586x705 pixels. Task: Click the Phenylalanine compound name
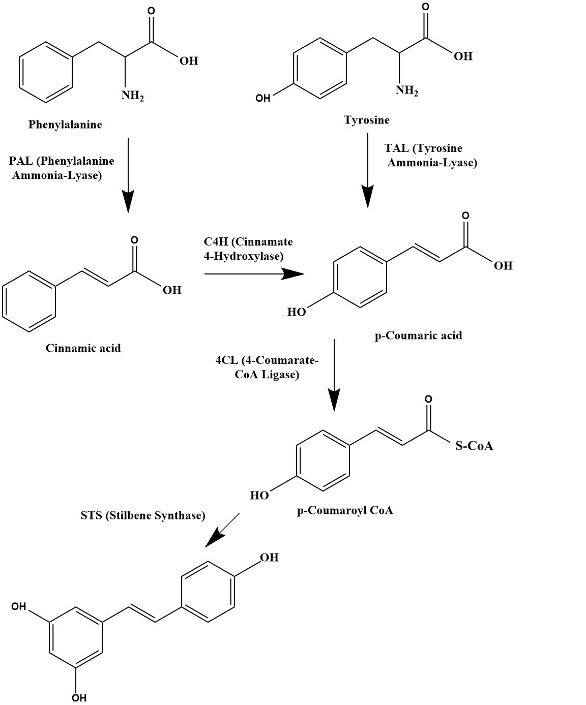coord(65,125)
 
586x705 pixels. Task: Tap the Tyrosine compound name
coord(367,120)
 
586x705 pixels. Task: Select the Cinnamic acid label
coord(83,348)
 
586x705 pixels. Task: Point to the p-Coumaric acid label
coord(419,335)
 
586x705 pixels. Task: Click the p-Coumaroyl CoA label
coord(345,510)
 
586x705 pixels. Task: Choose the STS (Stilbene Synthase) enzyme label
coord(143,515)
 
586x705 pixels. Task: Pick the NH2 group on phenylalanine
coord(132,95)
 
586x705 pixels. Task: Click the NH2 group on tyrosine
coord(407,90)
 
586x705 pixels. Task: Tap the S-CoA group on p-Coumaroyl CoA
coord(474,446)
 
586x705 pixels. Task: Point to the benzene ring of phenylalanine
coord(46,71)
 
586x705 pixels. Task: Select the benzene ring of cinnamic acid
coord(29,302)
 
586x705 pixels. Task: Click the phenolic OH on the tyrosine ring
coord(263,98)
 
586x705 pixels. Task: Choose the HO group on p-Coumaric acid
coord(297,312)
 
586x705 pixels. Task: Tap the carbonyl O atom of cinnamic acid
coord(134,239)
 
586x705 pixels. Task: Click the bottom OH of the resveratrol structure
coord(79,697)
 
